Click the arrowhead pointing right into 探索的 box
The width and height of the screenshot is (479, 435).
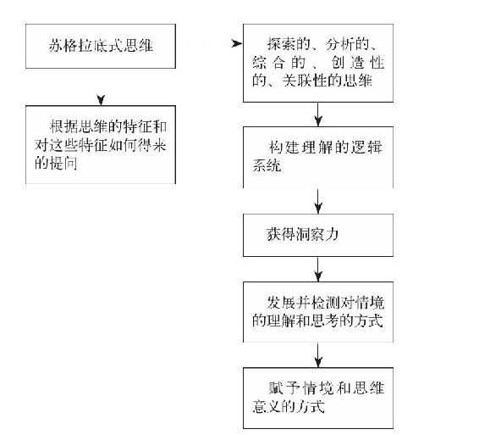coord(237,44)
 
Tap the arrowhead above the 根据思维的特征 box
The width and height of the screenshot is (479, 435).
coord(101,100)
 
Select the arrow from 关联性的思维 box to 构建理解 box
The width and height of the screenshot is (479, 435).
coord(318,114)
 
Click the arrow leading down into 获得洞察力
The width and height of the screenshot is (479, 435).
coord(318,201)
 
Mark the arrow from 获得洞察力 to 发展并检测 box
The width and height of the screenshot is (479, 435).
coord(318,270)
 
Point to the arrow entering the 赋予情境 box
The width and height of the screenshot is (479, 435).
coord(318,355)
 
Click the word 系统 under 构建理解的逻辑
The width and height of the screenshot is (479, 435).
coord(267,165)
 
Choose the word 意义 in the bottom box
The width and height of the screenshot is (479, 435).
coord(267,406)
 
